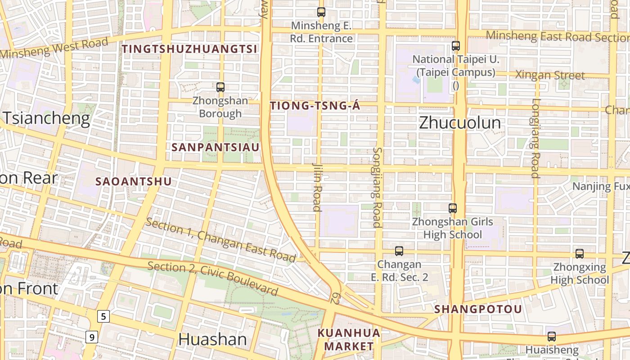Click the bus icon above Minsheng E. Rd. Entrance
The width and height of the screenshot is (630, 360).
pos(321,12)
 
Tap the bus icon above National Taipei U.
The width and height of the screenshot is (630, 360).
pos(455,46)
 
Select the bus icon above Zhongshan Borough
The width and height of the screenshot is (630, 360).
pos(220,87)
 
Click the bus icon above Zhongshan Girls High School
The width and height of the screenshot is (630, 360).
pos(452,208)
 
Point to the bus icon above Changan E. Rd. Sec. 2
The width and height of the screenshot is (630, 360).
pos(399,251)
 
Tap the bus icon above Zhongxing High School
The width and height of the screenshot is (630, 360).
pos(580,254)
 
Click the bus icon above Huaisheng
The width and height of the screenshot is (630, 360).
pos(552,337)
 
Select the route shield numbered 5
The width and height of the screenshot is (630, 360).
pos(103,316)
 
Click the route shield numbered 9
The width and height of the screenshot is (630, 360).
pos(91,336)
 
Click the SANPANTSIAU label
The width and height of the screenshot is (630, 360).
pos(216,147)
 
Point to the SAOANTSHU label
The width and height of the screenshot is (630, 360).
pos(134,181)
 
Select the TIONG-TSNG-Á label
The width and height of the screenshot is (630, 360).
pos(315,106)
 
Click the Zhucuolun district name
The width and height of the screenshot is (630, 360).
pos(459,123)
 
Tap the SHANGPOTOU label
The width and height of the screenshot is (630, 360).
pos(478,309)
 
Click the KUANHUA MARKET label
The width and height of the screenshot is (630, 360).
pos(349,340)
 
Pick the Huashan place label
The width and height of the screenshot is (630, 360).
pos(212,339)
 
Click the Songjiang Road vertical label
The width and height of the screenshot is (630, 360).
pos(377,187)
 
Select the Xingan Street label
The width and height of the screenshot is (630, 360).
pos(550,75)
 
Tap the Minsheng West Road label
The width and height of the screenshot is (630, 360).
pos(54,49)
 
